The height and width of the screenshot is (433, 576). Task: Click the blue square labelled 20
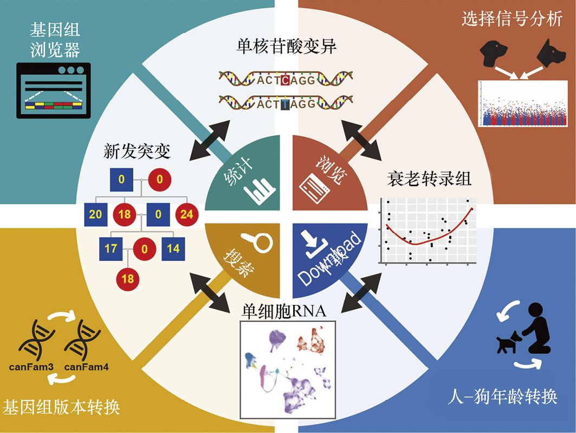[95, 214]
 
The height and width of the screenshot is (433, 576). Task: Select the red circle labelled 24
[186, 214]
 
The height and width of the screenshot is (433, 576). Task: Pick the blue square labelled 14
[173, 250]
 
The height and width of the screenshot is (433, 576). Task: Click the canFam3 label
[31, 367]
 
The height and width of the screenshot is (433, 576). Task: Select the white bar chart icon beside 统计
[260, 190]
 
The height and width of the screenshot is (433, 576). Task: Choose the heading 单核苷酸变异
[287, 48]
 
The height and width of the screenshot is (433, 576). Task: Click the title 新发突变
[137, 151]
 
